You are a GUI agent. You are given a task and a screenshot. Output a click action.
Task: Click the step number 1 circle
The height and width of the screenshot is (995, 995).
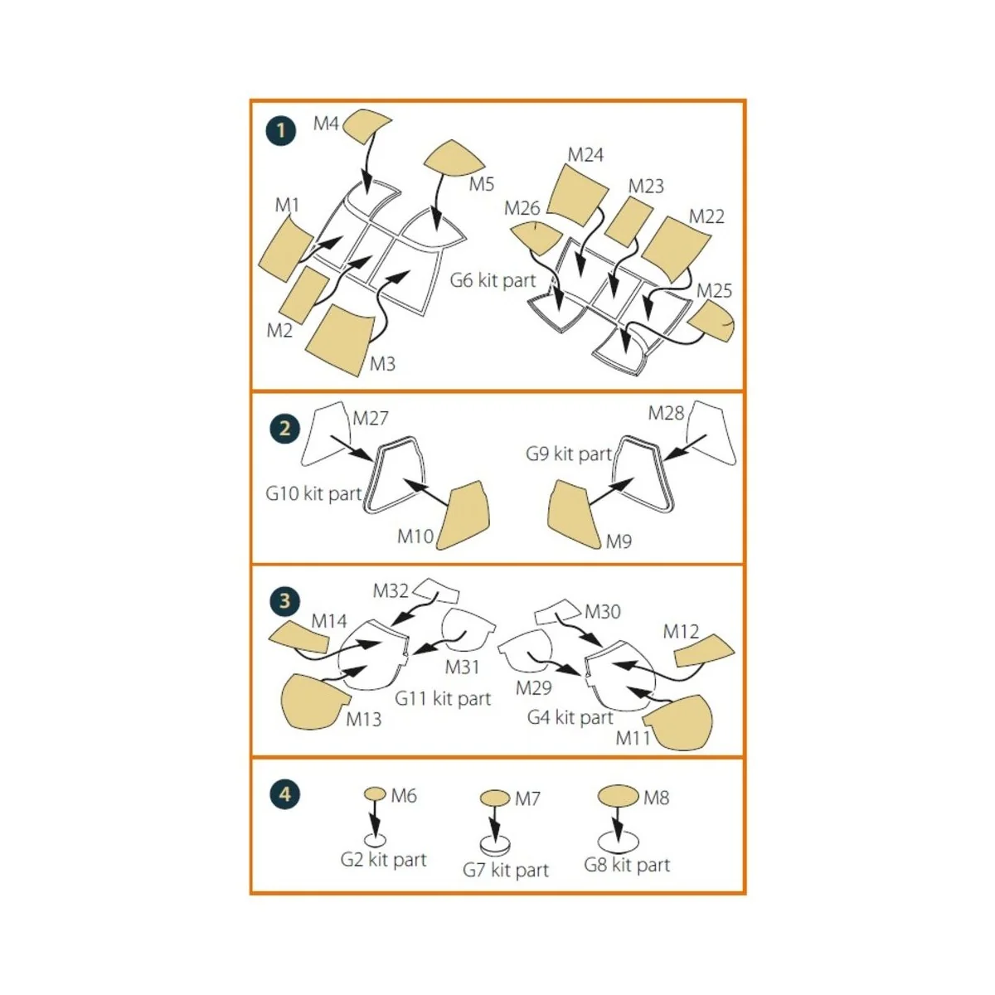[282, 131]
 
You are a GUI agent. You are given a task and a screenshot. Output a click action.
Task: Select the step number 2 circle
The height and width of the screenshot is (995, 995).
[284, 428]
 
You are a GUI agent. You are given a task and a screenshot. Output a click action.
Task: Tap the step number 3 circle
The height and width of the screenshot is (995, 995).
[284, 600]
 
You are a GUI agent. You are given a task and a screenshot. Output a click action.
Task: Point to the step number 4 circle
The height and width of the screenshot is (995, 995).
[284, 794]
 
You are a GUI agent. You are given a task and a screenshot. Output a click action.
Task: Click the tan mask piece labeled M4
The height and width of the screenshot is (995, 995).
[365, 124]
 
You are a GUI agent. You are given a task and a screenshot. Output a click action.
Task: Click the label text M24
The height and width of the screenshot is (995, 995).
[585, 155]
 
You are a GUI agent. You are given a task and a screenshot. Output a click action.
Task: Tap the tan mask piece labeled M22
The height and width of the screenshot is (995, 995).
[675, 248]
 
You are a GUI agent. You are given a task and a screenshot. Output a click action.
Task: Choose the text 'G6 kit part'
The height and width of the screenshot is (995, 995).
[493, 280]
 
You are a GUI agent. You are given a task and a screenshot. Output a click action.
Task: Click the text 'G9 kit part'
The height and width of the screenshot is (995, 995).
[569, 454]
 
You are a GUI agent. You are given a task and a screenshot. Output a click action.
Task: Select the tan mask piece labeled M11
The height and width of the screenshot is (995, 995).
[680, 721]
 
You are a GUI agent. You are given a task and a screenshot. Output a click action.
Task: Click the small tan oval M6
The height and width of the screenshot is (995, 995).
[375, 794]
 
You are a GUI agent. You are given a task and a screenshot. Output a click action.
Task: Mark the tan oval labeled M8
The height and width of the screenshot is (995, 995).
[619, 797]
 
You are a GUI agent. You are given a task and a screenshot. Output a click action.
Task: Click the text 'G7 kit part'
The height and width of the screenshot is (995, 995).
[506, 870]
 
